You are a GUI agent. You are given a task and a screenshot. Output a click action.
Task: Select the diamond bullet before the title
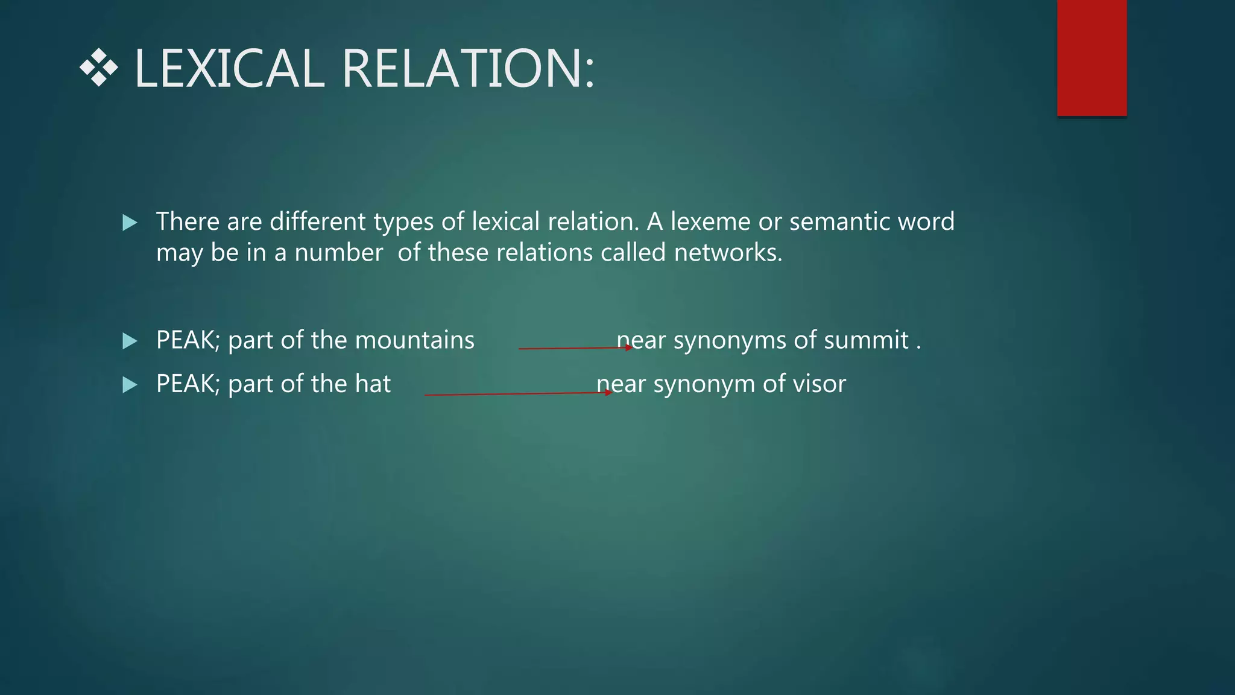click(x=98, y=68)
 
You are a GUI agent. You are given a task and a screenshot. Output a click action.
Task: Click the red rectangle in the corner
click(x=1091, y=57)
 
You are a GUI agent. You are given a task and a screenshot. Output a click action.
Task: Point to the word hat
click(x=373, y=384)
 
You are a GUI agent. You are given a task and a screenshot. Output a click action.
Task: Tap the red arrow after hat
click(x=518, y=394)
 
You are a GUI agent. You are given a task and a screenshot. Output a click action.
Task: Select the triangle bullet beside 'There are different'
click(x=130, y=223)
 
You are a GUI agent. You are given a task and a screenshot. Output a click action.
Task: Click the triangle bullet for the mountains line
click(x=130, y=341)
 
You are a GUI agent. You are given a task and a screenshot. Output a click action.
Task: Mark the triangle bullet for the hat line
click(x=130, y=385)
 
